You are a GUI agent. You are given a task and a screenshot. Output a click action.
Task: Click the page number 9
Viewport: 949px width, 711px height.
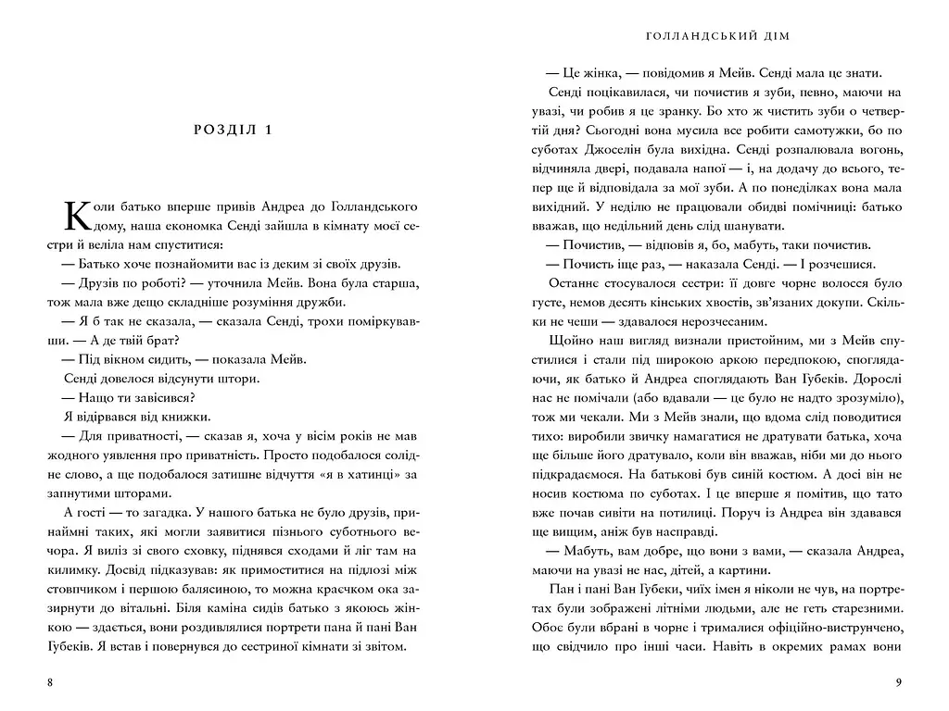point(898,683)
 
